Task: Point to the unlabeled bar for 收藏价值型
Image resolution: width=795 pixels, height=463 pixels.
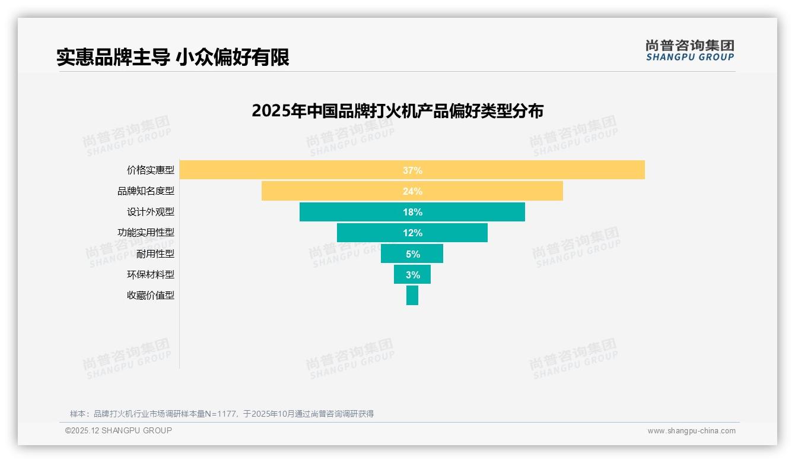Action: pos(412,295)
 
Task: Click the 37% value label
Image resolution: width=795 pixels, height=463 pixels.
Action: pos(412,170)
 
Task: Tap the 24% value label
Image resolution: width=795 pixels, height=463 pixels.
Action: pos(412,191)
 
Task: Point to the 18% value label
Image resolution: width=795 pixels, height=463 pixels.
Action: pos(412,212)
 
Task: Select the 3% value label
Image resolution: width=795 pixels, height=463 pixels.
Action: pos(413,275)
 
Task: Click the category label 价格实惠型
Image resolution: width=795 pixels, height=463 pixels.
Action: pos(151,170)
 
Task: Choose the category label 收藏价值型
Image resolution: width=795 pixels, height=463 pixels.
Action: pos(151,295)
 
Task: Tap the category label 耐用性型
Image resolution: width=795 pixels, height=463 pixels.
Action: pos(155,253)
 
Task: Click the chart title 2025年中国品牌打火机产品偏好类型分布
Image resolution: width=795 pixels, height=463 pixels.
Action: pos(397,111)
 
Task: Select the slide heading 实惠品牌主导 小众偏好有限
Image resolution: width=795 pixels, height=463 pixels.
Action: pos(173,58)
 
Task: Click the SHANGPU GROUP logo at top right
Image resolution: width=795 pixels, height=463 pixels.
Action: pos(689,50)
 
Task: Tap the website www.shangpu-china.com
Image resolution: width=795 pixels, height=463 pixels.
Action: pos(691,431)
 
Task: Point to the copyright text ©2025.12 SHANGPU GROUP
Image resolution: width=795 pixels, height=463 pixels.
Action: pos(119,430)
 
